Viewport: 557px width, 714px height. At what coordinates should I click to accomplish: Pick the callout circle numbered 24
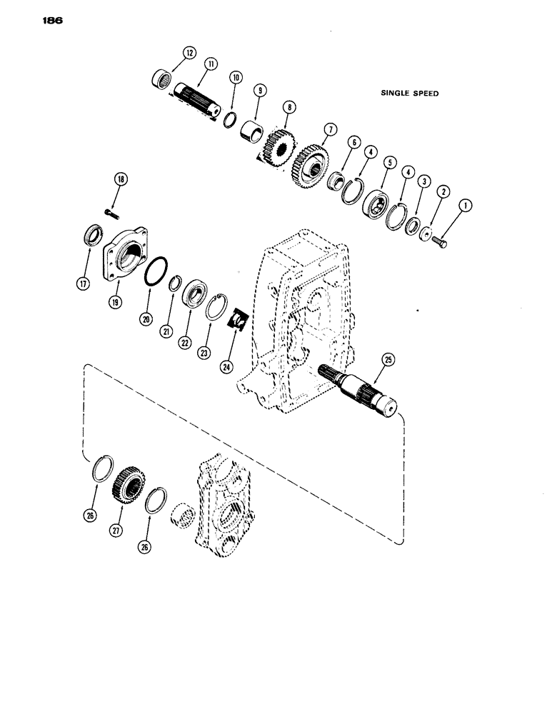coord(226,367)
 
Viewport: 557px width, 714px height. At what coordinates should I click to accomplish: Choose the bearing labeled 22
coord(195,296)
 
